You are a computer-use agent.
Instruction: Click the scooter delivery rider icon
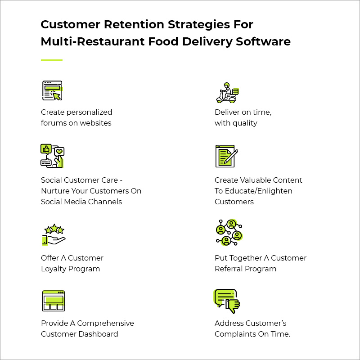pos(227,93)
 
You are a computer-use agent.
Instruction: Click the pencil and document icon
pos(226,156)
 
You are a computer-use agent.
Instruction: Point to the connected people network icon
pos(229,233)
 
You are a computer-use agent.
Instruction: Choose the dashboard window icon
pos(53,301)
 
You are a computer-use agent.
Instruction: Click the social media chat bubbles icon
pos(53,156)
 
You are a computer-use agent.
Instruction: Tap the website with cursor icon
pos(52,91)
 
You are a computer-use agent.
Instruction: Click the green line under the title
pos(52,60)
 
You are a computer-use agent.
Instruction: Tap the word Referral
pos(229,269)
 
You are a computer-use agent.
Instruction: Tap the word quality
pos(244,123)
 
